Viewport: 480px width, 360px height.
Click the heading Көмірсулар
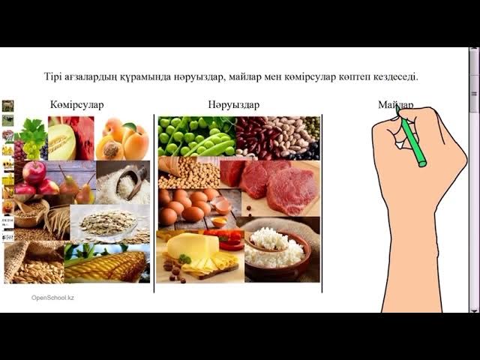(77, 105)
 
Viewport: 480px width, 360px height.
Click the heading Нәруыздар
(234, 105)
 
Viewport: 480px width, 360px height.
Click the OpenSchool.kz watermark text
(52, 298)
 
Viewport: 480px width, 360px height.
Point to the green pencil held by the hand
(412, 142)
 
